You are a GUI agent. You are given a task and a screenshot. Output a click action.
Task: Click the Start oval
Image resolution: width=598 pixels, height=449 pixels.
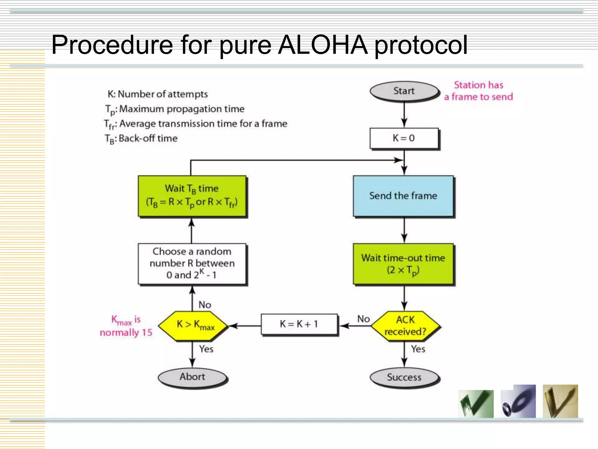[x=404, y=91]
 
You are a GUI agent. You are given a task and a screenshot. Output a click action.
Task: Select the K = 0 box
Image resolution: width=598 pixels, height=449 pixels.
[x=404, y=138]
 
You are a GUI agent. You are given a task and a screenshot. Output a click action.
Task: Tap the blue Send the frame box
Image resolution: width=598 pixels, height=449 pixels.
[x=403, y=196]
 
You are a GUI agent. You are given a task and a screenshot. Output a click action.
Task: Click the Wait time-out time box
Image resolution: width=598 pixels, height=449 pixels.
[x=403, y=264]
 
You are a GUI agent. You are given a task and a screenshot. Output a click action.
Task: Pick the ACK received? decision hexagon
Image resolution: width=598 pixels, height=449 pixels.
[x=405, y=326]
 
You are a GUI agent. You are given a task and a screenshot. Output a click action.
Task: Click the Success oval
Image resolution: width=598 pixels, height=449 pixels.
[x=404, y=377]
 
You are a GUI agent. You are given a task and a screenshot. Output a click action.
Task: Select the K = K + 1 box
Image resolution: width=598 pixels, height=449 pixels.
[x=299, y=324]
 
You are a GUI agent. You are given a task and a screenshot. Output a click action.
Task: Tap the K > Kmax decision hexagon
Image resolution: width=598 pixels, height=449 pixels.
[x=193, y=326]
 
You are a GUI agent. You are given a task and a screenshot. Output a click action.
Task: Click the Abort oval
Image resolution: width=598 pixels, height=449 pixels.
[x=192, y=377]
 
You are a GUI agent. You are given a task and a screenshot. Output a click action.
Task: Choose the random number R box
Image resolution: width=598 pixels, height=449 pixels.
[x=192, y=263]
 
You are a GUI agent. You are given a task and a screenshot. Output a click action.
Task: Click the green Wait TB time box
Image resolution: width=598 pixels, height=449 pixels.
[x=192, y=196]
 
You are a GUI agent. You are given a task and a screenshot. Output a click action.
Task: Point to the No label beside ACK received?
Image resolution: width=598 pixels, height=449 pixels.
[x=364, y=319]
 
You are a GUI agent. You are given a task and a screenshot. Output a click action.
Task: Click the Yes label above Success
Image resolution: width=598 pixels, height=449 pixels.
[x=418, y=349]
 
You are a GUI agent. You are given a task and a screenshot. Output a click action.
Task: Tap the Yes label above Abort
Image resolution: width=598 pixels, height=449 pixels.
[x=206, y=349]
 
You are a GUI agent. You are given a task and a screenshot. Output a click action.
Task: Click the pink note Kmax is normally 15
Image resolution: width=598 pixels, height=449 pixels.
[x=126, y=326]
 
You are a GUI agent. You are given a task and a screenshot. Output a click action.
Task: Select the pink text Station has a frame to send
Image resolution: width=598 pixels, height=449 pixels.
[x=478, y=91]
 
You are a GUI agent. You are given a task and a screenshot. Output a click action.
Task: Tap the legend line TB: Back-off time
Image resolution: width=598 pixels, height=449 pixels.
[x=141, y=139]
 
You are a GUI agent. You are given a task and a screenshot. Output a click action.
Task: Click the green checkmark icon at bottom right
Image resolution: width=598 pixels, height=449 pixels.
[x=476, y=403]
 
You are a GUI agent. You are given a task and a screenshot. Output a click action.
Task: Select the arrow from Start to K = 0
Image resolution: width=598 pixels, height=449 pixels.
[x=404, y=115]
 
